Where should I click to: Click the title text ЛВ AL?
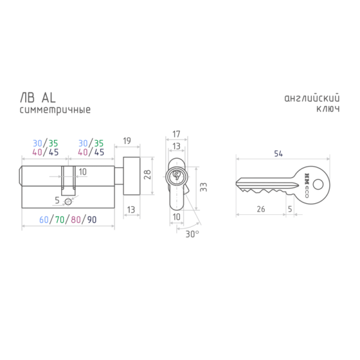[x=38, y=98]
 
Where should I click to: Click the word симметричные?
[x=55, y=110]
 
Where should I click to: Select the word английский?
[x=312, y=98]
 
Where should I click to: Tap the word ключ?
[x=328, y=109]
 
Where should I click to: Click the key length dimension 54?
[x=278, y=154]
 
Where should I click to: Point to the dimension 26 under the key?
[x=261, y=209]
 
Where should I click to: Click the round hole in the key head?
[x=318, y=184]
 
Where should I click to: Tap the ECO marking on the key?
[x=307, y=192]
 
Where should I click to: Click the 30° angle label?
[x=192, y=234]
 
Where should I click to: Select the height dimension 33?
[x=203, y=187]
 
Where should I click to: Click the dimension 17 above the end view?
[x=176, y=134]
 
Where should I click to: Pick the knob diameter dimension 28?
[x=147, y=175]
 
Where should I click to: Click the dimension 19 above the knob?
[x=127, y=141]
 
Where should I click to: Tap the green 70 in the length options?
[x=59, y=220]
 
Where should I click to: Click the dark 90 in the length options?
[x=92, y=220]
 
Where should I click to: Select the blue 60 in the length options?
[x=44, y=220]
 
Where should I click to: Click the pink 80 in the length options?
[x=76, y=220]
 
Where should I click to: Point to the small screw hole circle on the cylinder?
[x=68, y=202]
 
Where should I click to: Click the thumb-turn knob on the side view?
[x=131, y=176]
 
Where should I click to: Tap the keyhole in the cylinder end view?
[x=176, y=175]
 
